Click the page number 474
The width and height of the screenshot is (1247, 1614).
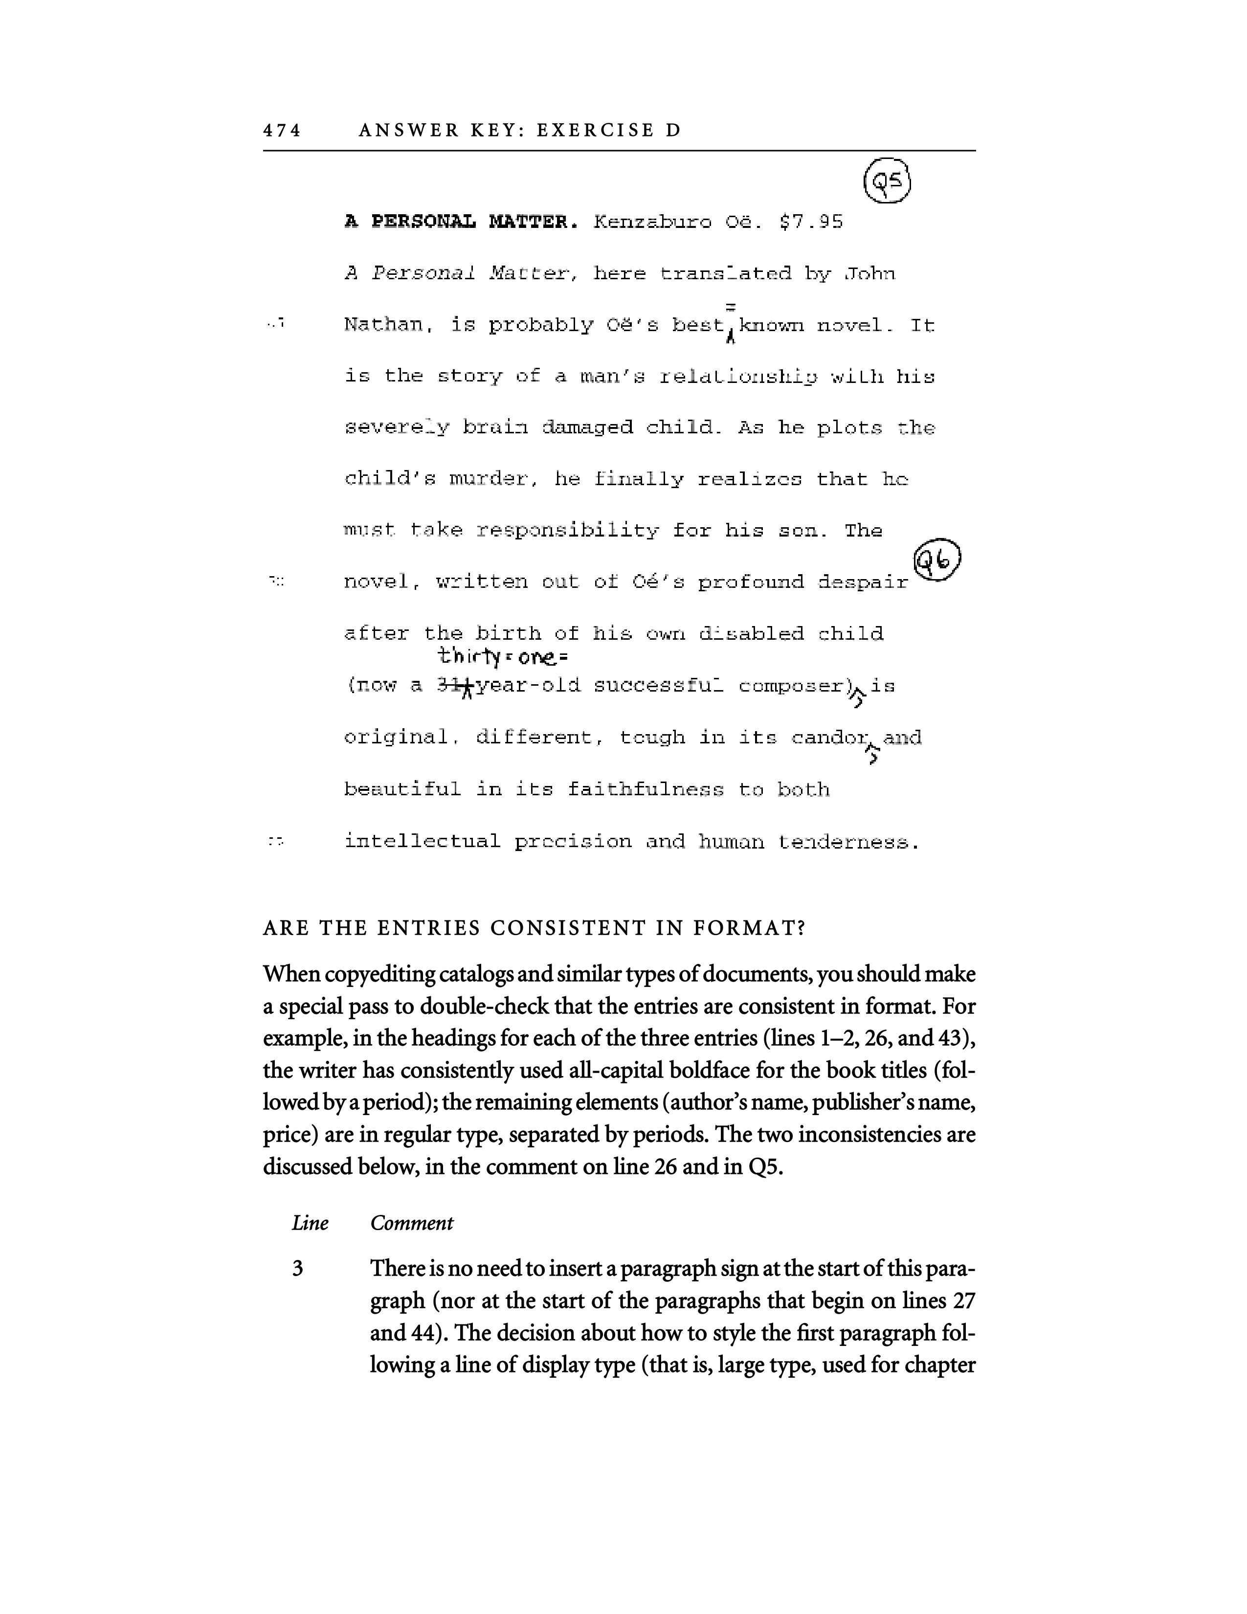(x=282, y=131)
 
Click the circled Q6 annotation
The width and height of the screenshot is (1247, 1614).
(x=937, y=561)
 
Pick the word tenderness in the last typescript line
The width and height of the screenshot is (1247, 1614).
(x=847, y=842)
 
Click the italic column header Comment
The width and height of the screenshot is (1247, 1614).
(x=411, y=1223)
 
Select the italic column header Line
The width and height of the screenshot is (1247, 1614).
(x=310, y=1223)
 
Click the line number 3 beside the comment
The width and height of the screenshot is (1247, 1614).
(x=298, y=1269)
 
